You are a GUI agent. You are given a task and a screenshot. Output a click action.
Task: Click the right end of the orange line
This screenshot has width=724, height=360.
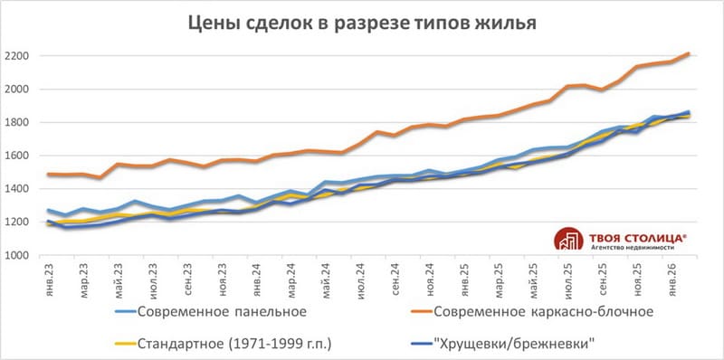689,53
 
